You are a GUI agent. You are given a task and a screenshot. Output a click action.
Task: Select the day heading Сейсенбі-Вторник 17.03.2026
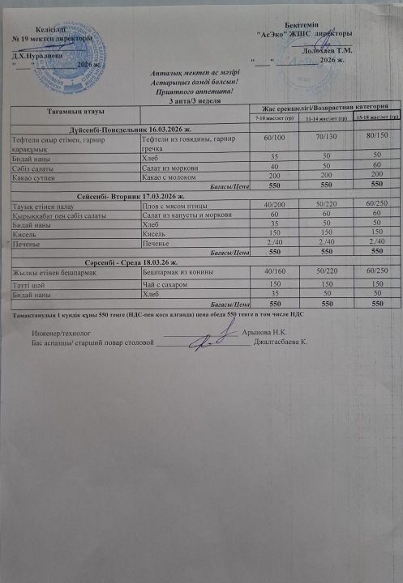click(x=132, y=197)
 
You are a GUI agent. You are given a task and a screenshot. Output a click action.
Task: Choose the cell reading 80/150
click(x=371, y=140)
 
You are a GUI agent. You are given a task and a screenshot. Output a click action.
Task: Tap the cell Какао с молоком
click(x=172, y=175)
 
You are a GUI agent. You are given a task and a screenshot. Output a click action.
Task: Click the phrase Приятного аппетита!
click(x=193, y=91)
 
